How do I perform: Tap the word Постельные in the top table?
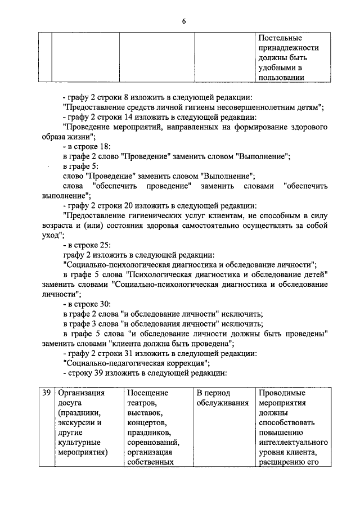click(x=280, y=38)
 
